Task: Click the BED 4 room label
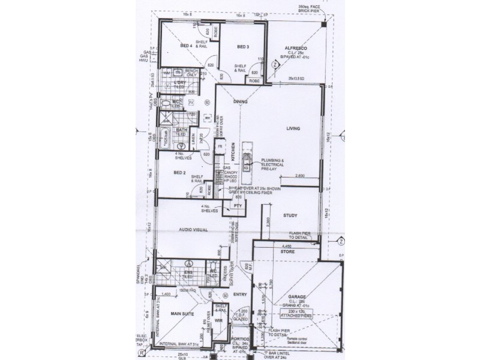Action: [x=186, y=46]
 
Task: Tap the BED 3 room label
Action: [x=242, y=46]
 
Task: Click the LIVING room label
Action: [x=293, y=128]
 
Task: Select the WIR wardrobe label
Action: [x=219, y=321]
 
